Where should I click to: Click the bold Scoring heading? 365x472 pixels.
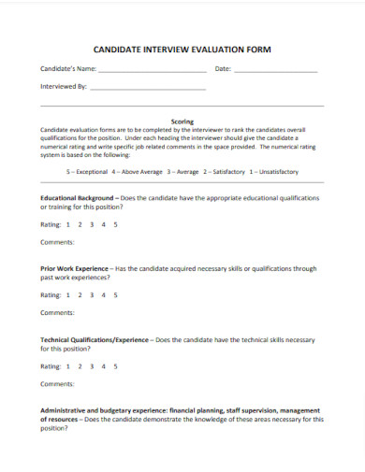click(x=182, y=121)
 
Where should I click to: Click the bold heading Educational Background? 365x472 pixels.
click(x=78, y=198)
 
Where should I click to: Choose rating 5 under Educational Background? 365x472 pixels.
click(x=115, y=224)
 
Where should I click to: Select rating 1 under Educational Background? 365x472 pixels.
click(x=68, y=224)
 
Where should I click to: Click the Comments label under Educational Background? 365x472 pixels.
click(x=57, y=242)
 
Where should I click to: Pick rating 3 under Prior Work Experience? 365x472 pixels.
click(x=92, y=294)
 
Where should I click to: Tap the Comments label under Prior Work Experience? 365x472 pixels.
click(x=57, y=312)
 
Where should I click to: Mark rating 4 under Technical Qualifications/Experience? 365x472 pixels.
click(x=104, y=365)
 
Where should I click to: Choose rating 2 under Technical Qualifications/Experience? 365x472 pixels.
click(x=80, y=365)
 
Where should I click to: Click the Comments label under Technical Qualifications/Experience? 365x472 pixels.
click(x=57, y=383)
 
